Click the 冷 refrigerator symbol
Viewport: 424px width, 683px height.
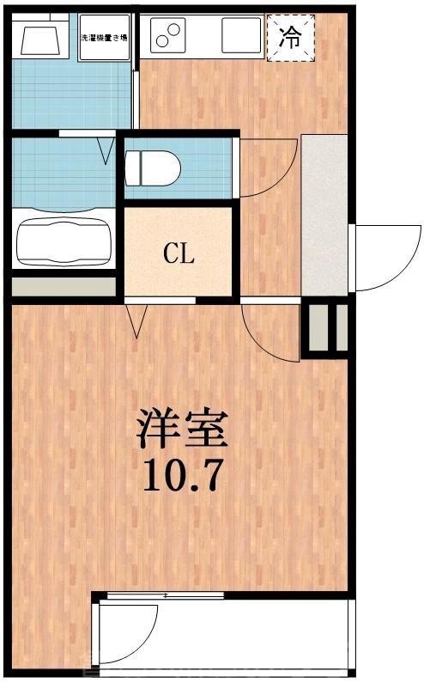pyautogui.click(x=292, y=38)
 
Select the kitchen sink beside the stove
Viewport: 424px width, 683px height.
pyautogui.click(x=240, y=35)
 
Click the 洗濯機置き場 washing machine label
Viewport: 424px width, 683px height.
pyautogui.click(x=105, y=38)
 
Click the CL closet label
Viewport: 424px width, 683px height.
pyautogui.click(x=179, y=253)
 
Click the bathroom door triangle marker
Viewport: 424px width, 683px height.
pyautogui.click(x=106, y=150)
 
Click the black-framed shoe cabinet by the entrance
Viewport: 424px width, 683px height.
pyautogui.click(x=325, y=327)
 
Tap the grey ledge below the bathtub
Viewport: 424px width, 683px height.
pyautogui.click(x=64, y=286)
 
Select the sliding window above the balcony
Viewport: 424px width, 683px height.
pyautogui.click(x=163, y=595)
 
